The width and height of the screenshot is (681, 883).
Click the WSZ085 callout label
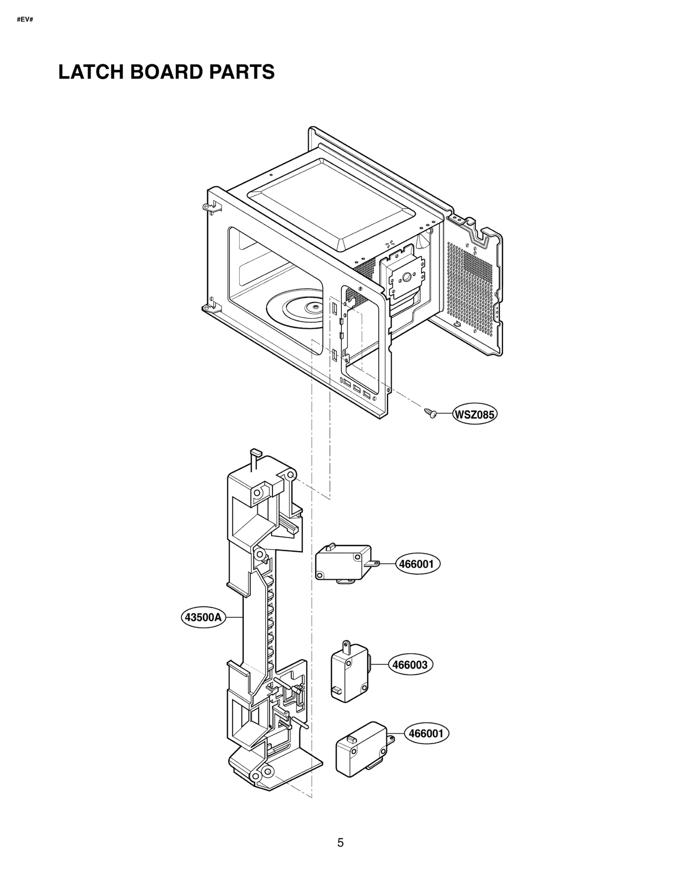point(475,414)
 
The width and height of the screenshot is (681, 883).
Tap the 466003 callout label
point(410,664)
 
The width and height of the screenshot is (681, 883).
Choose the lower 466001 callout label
point(426,733)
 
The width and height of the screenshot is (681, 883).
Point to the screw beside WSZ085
point(430,412)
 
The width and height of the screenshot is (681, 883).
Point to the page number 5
point(340,843)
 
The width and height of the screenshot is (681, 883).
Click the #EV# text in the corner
point(25,20)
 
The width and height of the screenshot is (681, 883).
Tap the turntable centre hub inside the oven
point(315,305)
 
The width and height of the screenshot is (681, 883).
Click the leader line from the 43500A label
point(234,617)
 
